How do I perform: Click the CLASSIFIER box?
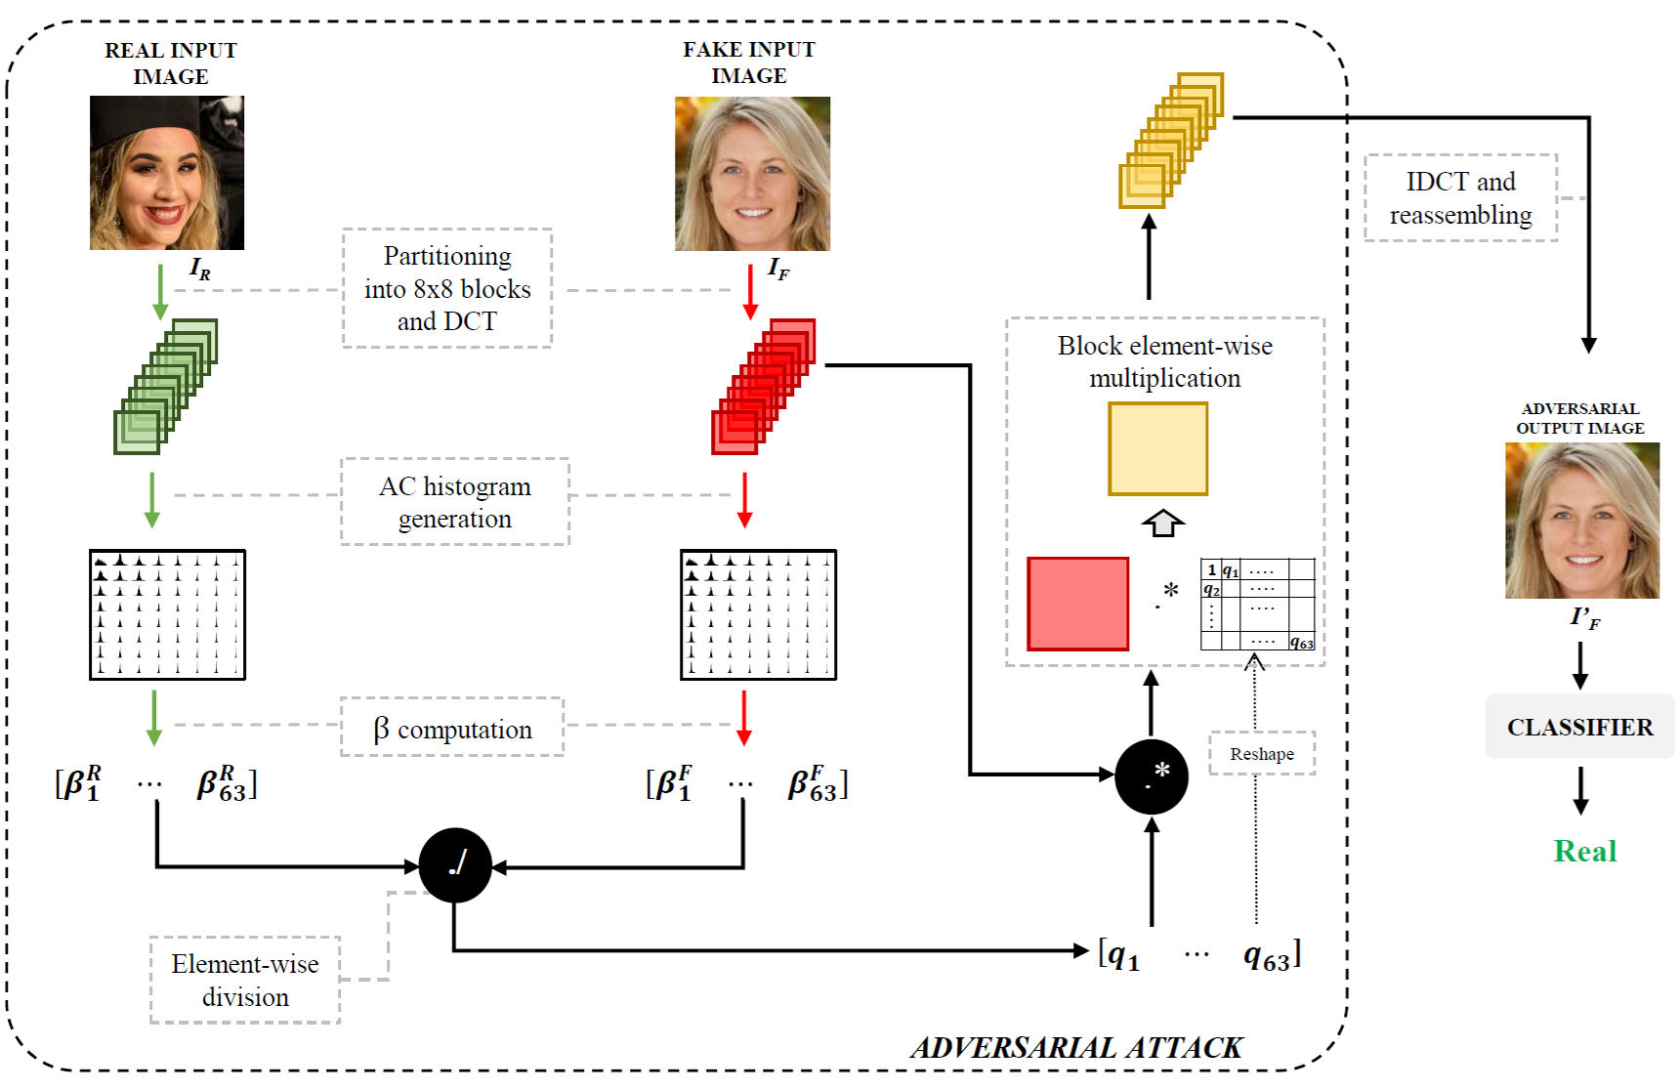1579,727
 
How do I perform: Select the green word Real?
1585,851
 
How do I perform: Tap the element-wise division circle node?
455,865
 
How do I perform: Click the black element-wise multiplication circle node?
1152,776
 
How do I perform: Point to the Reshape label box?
1262,754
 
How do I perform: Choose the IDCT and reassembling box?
1460,198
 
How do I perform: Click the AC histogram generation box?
455,502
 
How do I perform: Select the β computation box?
452,728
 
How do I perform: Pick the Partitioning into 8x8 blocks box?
447,288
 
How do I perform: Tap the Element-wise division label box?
245,980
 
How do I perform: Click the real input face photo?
167,173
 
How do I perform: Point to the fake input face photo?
752,174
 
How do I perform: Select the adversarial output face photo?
1581,521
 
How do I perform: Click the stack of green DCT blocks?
165,387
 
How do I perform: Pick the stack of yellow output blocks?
1170,141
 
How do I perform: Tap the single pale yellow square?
1157,449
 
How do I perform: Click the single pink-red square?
1077,604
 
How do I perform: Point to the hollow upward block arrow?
1162,524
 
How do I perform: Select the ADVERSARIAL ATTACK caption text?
1075,1048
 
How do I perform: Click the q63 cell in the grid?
1301,643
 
